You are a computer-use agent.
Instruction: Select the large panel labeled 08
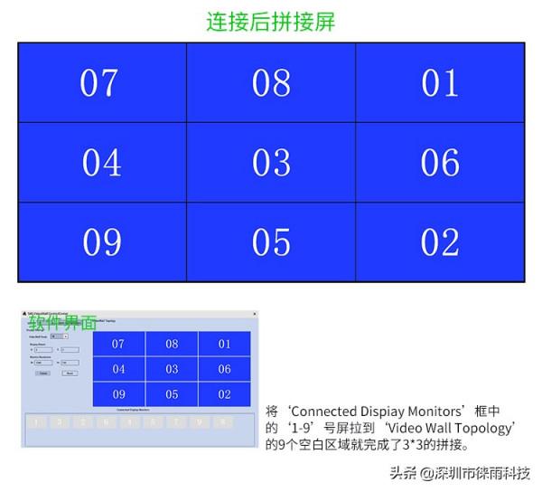click(271, 82)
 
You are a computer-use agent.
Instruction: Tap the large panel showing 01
click(440, 82)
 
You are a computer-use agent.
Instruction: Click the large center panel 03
click(271, 163)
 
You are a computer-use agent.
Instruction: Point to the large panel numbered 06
click(440, 163)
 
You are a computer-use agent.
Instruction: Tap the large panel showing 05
click(271, 242)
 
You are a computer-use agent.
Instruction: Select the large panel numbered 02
click(440, 242)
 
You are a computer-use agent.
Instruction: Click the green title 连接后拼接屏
click(270, 22)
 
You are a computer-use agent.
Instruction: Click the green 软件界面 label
click(61, 323)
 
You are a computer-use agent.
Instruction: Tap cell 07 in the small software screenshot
click(118, 344)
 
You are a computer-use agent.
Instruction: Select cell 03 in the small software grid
click(172, 369)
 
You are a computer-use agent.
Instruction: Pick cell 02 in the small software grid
click(224, 394)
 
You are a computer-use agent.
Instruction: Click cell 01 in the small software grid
click(224, 344)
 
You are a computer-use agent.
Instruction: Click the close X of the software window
click(254, 315)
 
